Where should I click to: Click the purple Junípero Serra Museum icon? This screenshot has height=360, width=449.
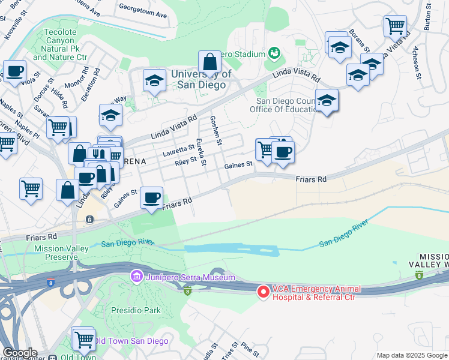coord(136,277)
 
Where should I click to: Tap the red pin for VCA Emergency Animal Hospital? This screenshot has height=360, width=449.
coord(263,292)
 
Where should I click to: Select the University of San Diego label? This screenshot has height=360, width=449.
coord(200,79)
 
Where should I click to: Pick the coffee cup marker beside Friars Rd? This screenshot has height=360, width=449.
coord(152,197)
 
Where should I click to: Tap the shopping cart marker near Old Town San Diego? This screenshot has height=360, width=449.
coord(83,339)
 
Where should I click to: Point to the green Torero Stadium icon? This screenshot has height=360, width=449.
coord(275,54)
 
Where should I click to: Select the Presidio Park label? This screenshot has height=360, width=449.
coord(136,311)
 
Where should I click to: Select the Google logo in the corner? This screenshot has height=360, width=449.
coord(20,353)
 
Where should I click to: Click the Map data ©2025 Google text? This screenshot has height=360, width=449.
coord(411,355)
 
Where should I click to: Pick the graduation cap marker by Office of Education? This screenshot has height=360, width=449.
coord(327,101)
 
